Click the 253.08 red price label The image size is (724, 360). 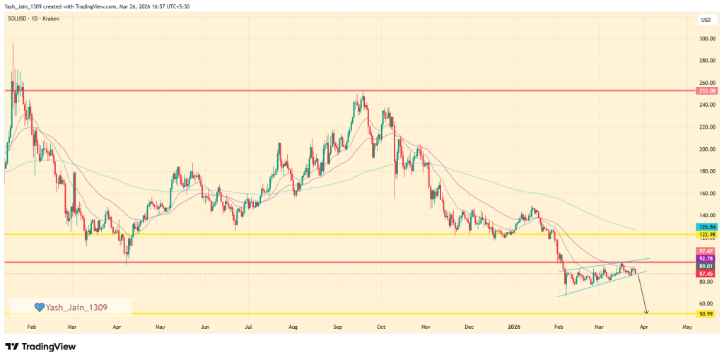coord(706,91)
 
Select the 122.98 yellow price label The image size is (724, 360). coord(706,235)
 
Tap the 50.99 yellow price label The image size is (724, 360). coord(706,313)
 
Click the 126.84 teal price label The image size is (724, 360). coord(706,227)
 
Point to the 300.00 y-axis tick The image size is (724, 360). coord(706,39)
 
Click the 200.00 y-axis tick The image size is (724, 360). coord(706,149)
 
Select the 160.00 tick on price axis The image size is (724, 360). coord(706,193)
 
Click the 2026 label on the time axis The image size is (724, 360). coord(514,328)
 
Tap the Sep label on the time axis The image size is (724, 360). coord(338,328)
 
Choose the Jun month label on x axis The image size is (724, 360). coord(204,328)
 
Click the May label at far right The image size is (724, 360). coord(687,328)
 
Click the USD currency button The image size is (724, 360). coord(706,19)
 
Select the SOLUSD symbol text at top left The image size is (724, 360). coord(19,18)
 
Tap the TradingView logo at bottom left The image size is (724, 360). coord(40,347)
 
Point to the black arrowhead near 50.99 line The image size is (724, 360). coord(646,311)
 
